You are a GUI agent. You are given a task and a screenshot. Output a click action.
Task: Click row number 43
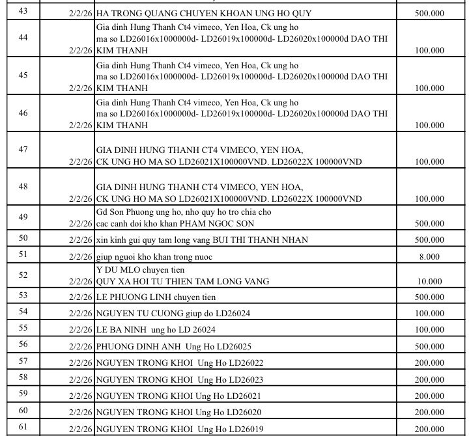coord(23,12)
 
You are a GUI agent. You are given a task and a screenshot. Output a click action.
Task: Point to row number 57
coord(23,361)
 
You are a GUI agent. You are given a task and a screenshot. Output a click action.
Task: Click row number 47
coord(23,150)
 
